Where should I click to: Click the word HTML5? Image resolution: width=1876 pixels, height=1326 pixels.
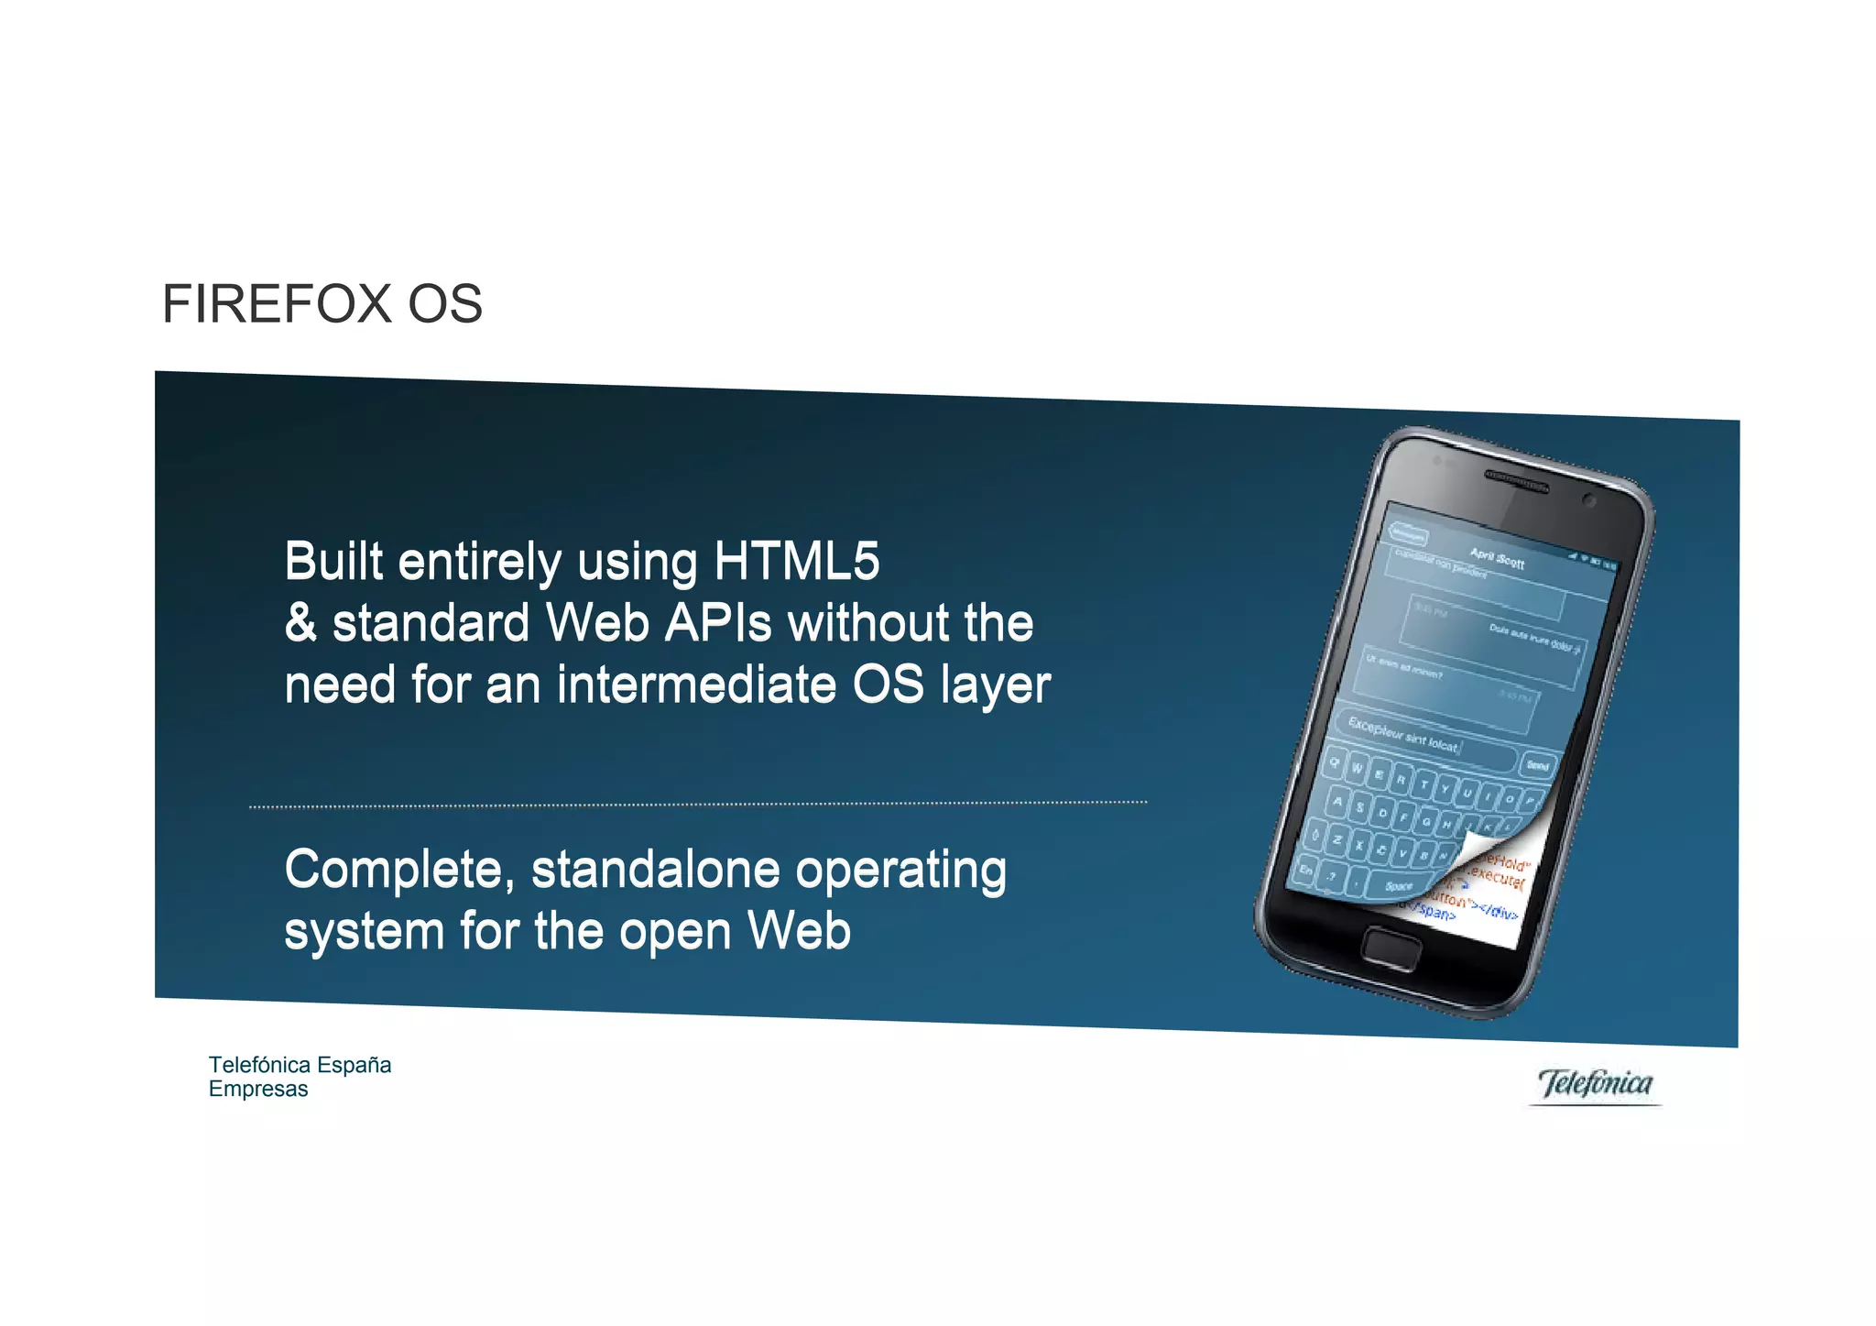(796, 561)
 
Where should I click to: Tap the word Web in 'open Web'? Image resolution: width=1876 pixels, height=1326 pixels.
(799, 931)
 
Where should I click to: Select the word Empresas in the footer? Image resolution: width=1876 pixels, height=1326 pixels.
(258, 1090)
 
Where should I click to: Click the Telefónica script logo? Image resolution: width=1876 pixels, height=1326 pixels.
(1595, 1084)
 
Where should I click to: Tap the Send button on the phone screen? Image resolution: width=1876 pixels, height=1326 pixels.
(1538, 765)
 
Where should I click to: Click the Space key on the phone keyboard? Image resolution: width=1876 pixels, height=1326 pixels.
(1398, 886)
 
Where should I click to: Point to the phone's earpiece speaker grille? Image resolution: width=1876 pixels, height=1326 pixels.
(1516, 481)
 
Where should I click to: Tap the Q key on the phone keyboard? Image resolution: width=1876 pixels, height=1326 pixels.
(1336, 762)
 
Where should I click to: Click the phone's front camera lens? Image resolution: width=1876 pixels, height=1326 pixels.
(1589, 500)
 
